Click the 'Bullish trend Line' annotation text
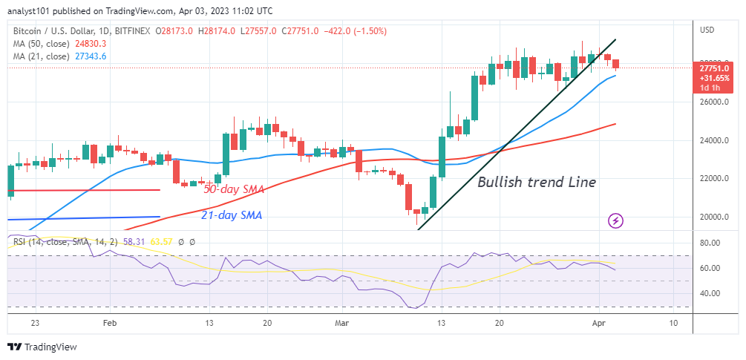536,182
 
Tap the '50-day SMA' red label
233,190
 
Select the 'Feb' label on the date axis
109,324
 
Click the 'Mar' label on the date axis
341,324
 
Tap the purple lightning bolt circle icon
615,220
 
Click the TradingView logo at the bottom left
42,347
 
